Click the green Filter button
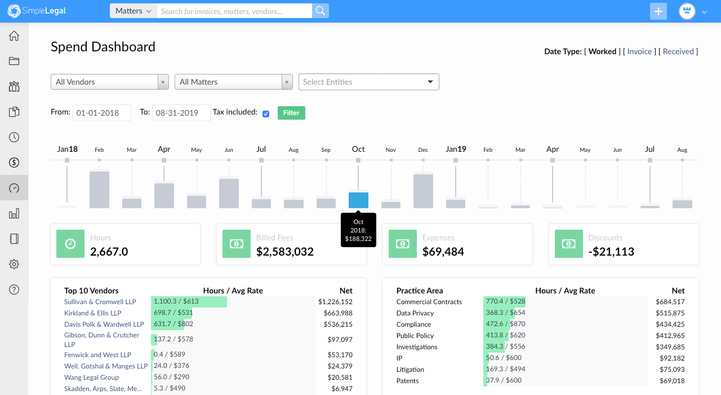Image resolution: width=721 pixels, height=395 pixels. (291, 113)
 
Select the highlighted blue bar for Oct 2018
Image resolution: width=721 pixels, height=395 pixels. (358, 200)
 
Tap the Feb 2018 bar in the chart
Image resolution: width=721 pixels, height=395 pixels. (99, 190)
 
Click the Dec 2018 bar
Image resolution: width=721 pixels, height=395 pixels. (423, 191)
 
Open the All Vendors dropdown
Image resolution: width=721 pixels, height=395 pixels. (110, 82)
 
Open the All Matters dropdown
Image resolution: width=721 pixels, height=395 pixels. (233, 82)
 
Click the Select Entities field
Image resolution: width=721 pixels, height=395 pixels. (368, 82)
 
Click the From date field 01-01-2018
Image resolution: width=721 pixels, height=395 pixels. (101, 113)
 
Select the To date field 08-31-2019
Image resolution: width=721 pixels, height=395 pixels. (181, 113)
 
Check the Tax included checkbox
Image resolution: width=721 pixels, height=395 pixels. (266, 114)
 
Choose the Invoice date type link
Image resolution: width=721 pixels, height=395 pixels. (639, 51)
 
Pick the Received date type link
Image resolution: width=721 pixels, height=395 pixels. (678, 51)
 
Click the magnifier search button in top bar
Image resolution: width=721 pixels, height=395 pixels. (320, 11)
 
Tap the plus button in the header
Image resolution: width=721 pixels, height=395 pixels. (658, 11)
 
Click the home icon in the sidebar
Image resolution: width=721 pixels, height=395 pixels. (14, 36)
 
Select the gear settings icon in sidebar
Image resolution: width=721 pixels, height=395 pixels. (14, 264)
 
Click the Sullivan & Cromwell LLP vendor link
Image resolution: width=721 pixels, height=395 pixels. (100, 302)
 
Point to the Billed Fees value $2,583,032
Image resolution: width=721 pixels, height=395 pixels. (284, 252)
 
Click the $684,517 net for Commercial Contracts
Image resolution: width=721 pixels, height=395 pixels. (670, 302)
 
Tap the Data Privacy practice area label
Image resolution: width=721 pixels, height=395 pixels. (415, 313)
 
